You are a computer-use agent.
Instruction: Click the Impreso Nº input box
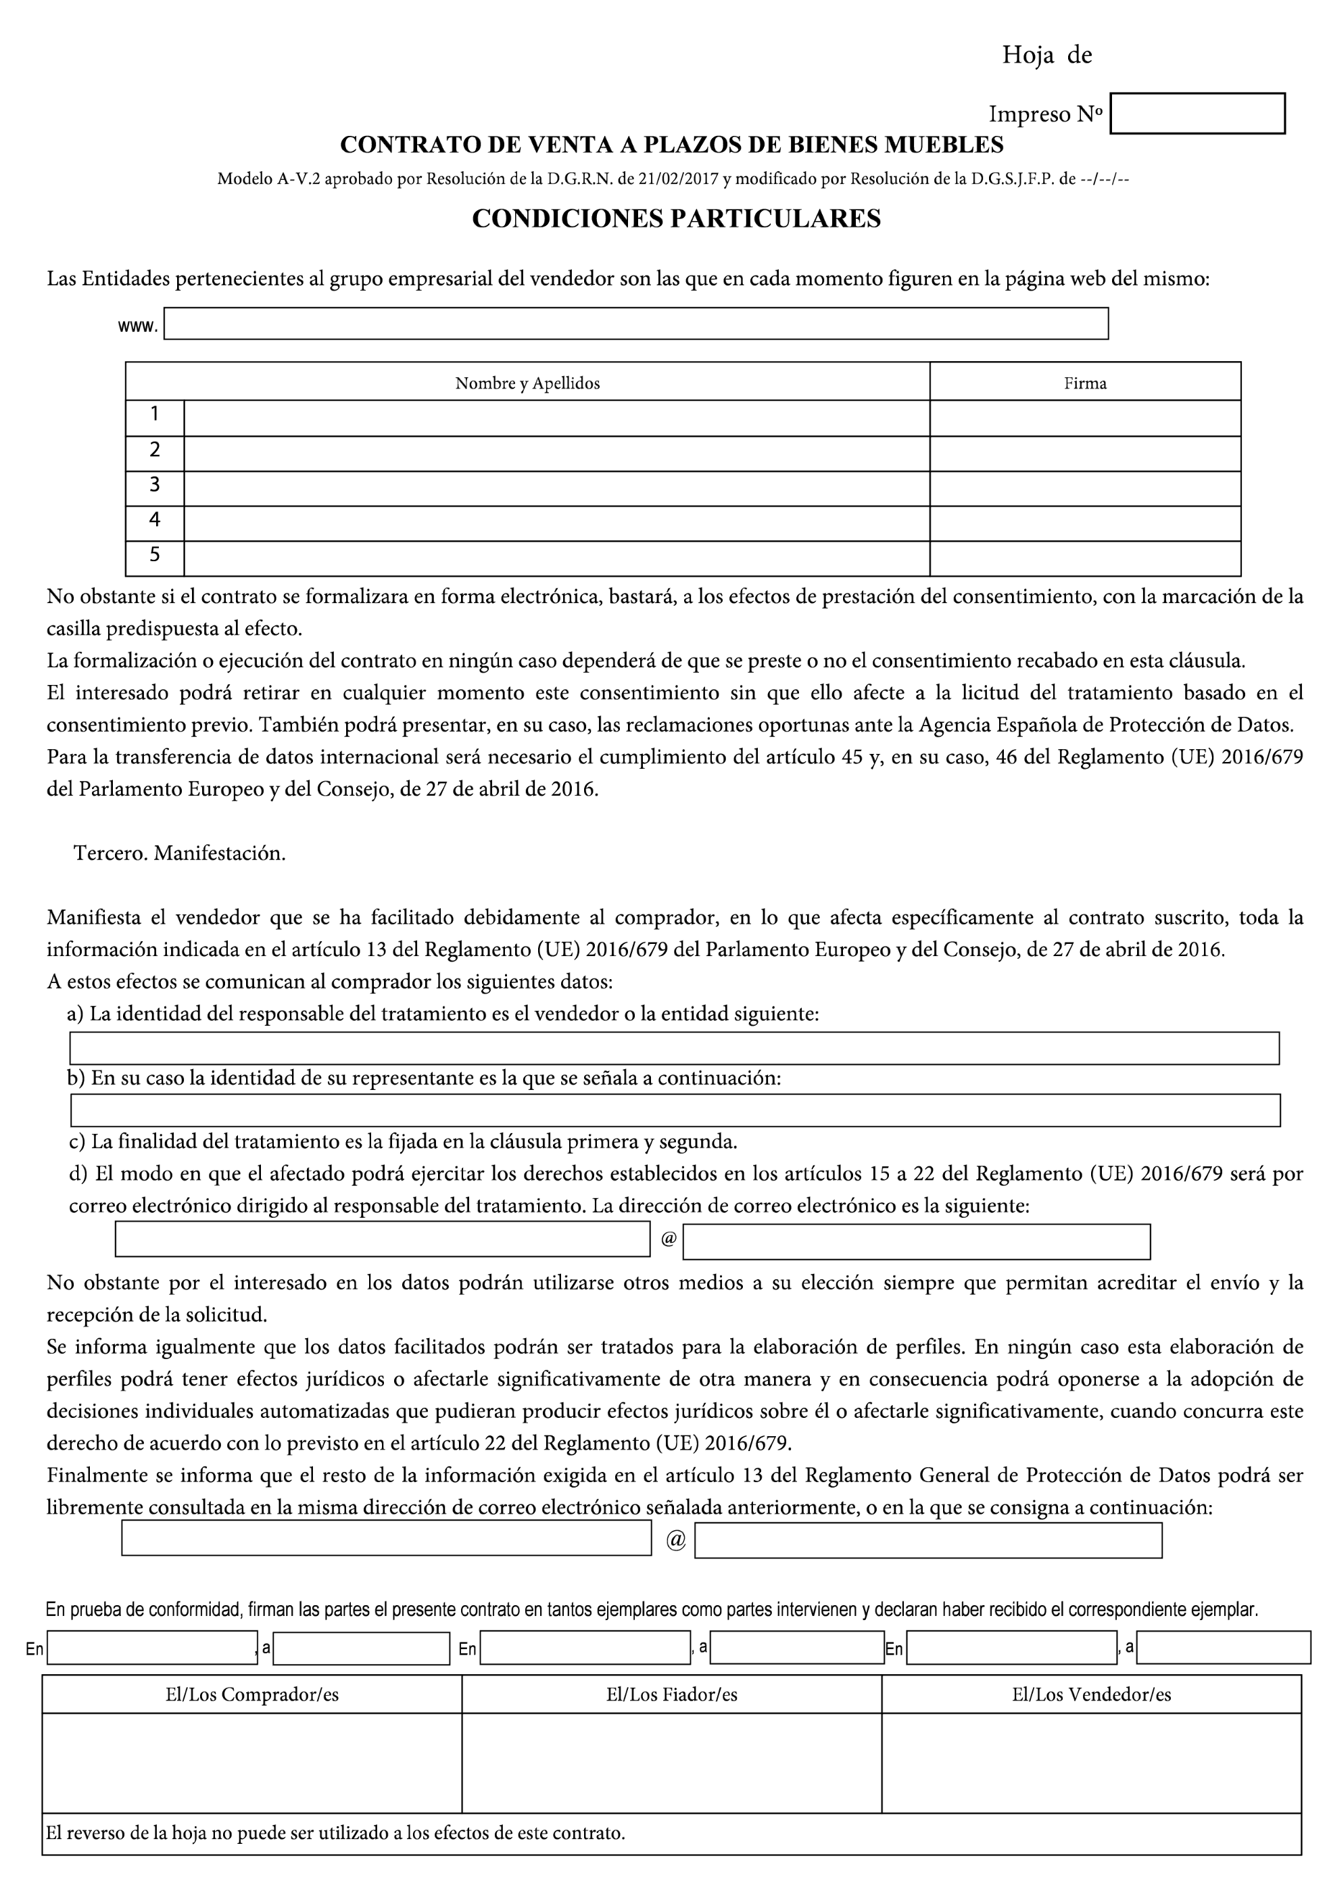point(1197,114)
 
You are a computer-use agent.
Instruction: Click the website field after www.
point(635,324)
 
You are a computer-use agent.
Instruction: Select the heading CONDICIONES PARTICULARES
point(676,219)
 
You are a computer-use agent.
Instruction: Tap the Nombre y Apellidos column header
point(527,383)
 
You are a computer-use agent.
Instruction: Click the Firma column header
point(1084,383)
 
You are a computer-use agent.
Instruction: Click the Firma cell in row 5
point(1084,559)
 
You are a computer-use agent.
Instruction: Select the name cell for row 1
point(556,418)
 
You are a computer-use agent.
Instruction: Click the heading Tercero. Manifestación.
point(179,853)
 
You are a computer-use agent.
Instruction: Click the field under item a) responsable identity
point(674,1048)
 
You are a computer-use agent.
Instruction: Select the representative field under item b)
point(674,1110)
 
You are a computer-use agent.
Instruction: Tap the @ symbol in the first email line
point(668,1239)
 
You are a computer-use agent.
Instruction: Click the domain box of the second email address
point(927,1541)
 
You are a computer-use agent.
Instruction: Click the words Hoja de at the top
point(1046,55)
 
